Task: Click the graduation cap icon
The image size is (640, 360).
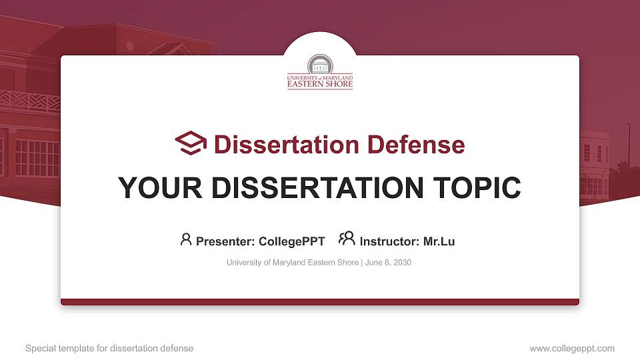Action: (x=191, y=143)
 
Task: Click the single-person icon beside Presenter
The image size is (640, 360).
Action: (x=186, y=239)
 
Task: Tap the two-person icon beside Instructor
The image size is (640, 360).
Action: (x=347, y=239)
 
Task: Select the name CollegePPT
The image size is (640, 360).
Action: (x=292, y=241)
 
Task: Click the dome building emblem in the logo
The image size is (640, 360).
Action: (x=320, y=65)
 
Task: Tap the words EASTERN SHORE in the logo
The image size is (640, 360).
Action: (x=320, y=85)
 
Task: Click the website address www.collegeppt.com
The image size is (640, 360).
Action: (x=571, y=348)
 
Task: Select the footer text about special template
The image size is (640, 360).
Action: (x=109, y=348)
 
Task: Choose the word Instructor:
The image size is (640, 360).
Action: (x=389, y=241)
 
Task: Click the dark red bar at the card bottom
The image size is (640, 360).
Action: (x=320, y=302)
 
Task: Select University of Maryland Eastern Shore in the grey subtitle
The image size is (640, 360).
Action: (x=292, y=263)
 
